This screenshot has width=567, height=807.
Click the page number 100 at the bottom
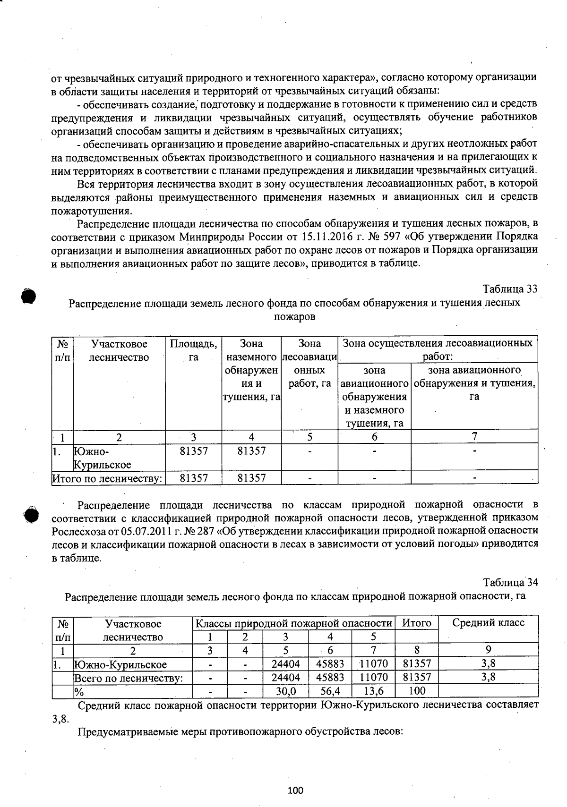coord(295,790)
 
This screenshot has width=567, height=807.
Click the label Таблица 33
coord(510,289)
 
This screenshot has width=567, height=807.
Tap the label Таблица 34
coord(510,582)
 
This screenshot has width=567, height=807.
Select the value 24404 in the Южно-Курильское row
coord(285,664)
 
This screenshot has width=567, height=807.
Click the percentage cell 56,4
coord(330,691)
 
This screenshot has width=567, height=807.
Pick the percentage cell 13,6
coord(374,691)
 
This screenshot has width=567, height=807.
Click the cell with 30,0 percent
coord(285,691)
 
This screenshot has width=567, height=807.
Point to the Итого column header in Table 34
coord(416,623)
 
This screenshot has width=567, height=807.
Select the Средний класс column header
coord(488,623)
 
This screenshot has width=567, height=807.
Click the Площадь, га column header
coord(193,350)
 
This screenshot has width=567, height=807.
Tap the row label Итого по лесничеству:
coord(107,478)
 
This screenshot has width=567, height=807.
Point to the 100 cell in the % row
coord(416,691)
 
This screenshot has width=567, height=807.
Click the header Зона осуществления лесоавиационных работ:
coord(438,350)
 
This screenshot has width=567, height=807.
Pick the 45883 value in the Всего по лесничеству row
coord(330,678)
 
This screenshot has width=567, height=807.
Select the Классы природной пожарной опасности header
coord(294,623)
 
